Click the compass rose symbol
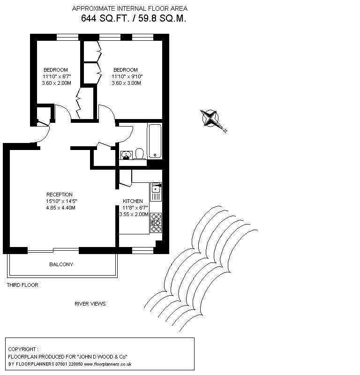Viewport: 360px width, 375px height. pos(210,118)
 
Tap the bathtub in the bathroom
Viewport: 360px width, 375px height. pos(155,141)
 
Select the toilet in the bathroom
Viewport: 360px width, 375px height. pos(139,154)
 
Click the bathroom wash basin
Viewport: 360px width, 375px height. pos(126,155)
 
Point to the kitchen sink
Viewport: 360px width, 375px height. pos(156,192)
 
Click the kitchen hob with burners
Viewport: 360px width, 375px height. pos(156,223)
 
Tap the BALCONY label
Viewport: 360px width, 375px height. pos(61,264)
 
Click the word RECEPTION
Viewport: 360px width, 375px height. pos(60,195)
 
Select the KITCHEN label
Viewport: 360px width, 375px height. pos(133,201)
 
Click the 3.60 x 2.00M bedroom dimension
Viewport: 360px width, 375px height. pos(56,83)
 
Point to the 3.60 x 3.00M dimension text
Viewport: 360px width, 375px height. pos(126,83)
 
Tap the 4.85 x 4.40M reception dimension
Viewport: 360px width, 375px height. pos(61,208)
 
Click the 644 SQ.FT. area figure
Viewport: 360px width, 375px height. pos(105,18)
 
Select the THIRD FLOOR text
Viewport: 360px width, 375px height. pos(22,285)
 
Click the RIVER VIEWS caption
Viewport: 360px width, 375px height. pos(90,304)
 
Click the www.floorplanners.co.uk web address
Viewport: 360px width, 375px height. pos(108,364)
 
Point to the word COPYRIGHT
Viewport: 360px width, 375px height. pos(22,349)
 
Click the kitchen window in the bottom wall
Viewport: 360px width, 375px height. pos(142,250)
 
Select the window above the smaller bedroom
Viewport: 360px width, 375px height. pos(67,37)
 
